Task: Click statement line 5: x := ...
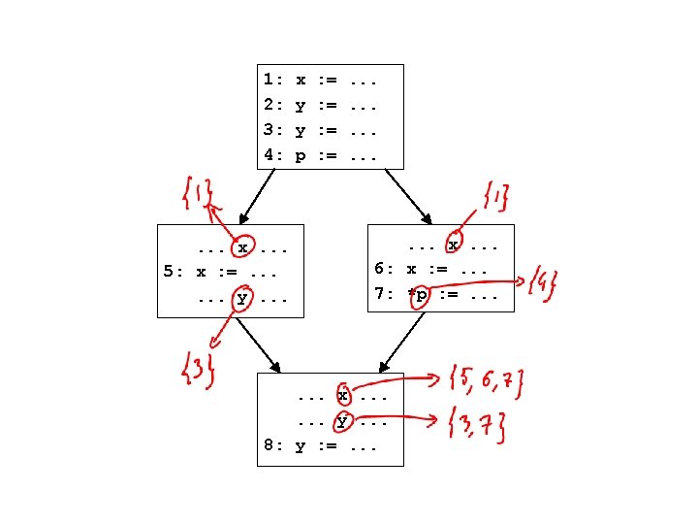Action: click(x=227, y=273)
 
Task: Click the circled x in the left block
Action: click(x=246, y=247)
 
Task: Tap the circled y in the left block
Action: click(x=241, y=299)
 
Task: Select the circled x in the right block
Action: click(x=452, y=245)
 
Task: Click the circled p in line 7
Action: click(x=419, y=295)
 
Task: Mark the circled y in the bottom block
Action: click(x=342, y=421)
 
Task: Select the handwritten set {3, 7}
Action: click(x=476, y=424)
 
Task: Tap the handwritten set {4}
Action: click(x=545, y=284)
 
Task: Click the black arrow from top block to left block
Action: click(x=257, y=196)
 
